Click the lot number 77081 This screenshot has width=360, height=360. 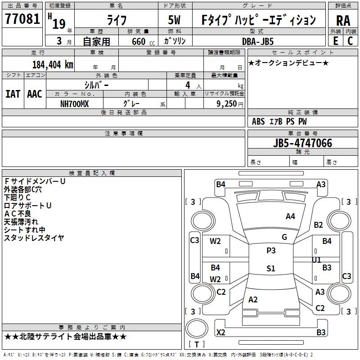tap(22, 19)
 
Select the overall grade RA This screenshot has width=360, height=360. tap(343, 21)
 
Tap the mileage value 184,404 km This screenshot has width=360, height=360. tap(53, 65)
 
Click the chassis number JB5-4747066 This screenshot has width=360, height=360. tap(302, 143)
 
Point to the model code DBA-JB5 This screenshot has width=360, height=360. tap(258, 41)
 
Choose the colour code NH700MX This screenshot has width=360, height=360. tap(74, 104)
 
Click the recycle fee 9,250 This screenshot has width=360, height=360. tap(226, 104)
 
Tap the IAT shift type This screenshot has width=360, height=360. tap(13, 94)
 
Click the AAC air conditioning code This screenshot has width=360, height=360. tap(35, 94)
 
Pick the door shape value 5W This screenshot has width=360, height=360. tap(174, 20)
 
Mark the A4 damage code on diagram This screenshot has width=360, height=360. tap(290, 216)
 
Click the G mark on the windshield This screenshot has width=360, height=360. tap(284, 237)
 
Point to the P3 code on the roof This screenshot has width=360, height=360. tap(271, 251)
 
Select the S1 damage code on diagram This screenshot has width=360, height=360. tap(271, 268)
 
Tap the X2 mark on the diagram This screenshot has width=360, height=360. tap(220, 332)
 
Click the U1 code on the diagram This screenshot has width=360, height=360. tap(316, 260)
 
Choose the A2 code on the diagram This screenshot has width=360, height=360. tap(253, 300)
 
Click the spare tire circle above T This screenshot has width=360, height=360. tap(197, 328)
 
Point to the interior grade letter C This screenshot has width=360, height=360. tap(350, 41)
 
